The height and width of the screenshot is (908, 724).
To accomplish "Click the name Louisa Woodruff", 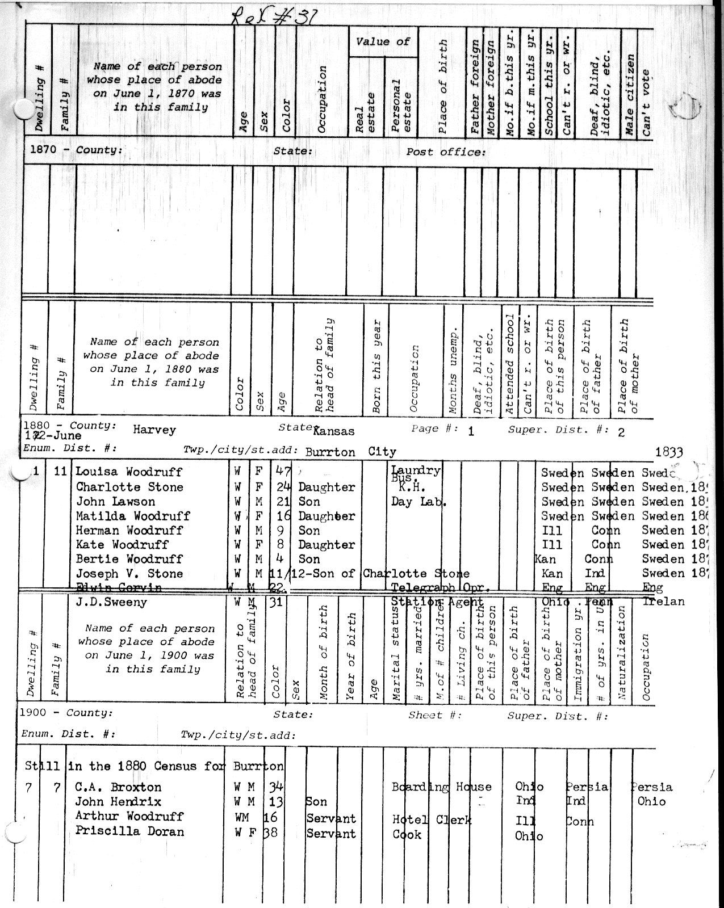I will (x=129, y=472).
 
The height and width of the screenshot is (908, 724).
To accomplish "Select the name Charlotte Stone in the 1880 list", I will (x=129, y=487).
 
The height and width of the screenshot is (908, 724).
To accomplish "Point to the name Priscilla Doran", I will (x=129, y=831).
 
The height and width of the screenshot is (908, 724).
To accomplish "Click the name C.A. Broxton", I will (x=118, y=787).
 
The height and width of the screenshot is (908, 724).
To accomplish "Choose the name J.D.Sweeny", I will (x=111, y=602).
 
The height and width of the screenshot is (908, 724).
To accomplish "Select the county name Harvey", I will (x=154, y=430).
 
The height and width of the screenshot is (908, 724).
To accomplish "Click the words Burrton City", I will (x=350, y=452).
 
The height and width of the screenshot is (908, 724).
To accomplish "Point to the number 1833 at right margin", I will (x=669, y=452).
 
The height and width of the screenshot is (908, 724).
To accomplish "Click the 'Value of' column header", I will (x=383, y=41).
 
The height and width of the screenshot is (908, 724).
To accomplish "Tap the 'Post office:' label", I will (x=446, y=152).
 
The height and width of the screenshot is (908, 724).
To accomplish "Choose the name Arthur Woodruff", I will (x=129, y=816).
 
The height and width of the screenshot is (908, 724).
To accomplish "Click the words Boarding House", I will (x=441, y=787).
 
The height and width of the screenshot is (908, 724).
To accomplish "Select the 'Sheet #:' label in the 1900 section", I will (x=435, y=715).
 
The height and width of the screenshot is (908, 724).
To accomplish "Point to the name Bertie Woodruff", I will (x=129, y=559).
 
